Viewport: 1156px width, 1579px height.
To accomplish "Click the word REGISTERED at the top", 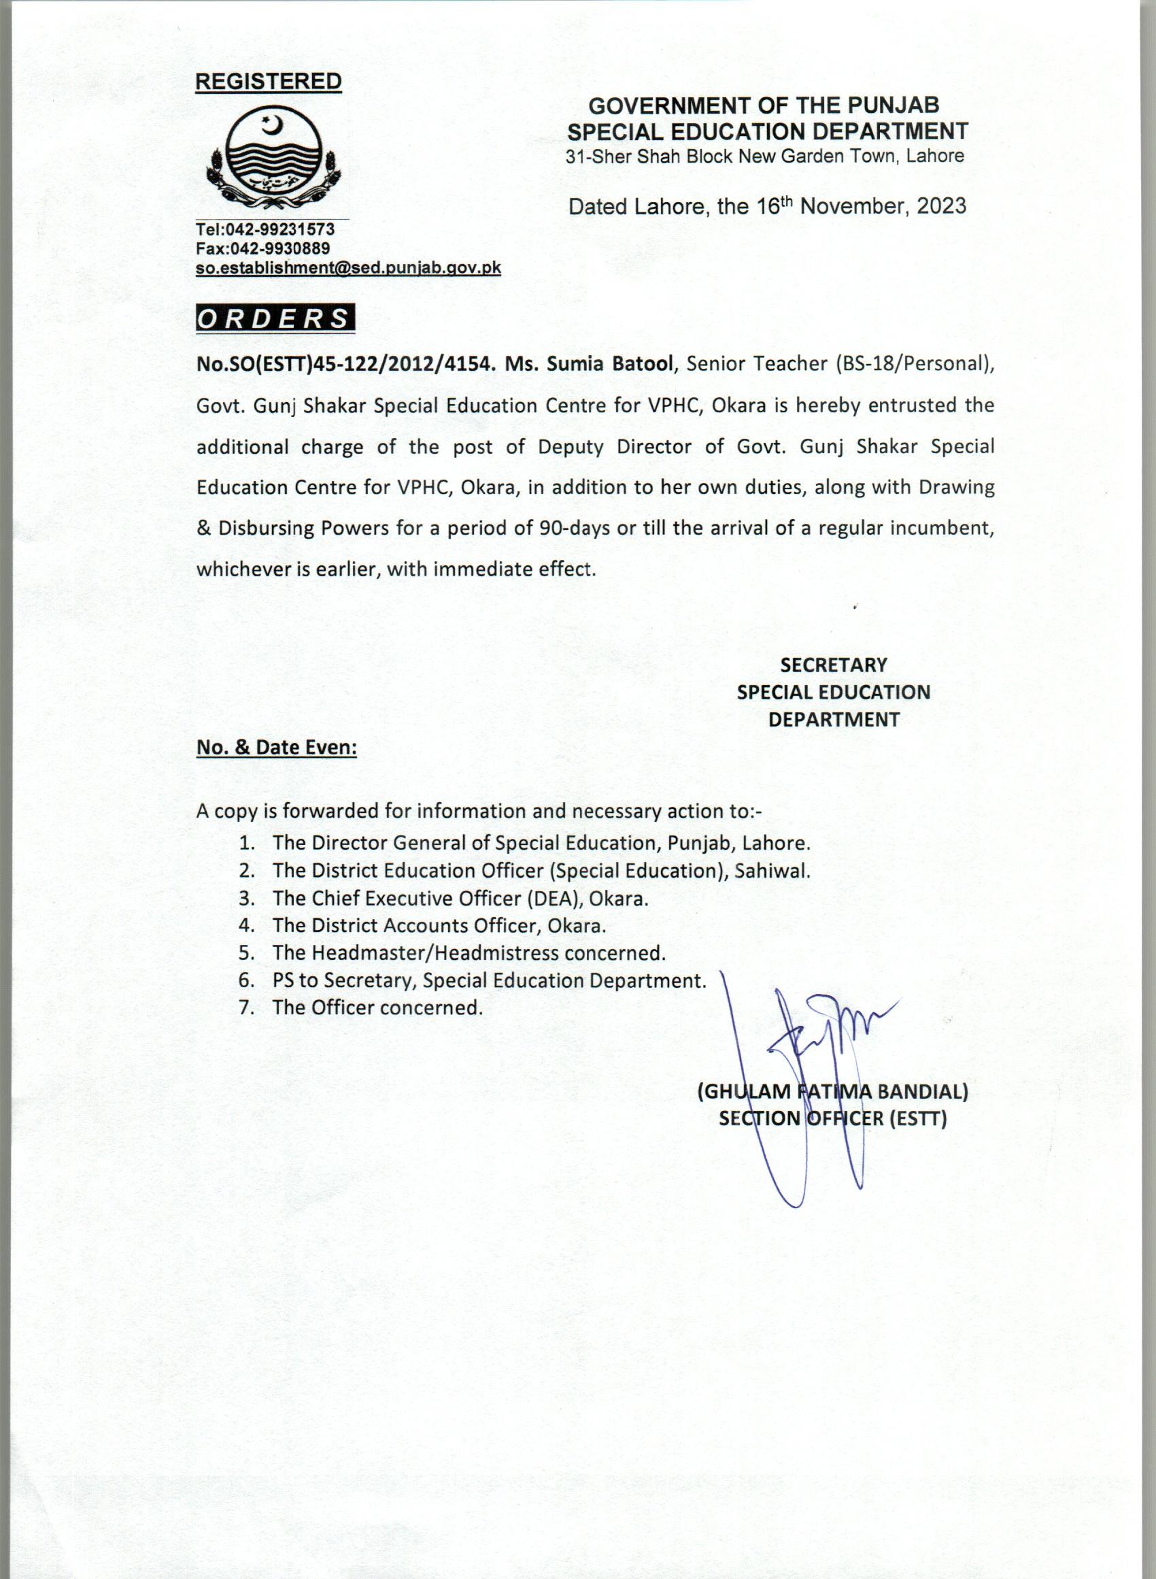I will click(268, 81).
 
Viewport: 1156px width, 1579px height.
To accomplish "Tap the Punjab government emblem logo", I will click(271, 161).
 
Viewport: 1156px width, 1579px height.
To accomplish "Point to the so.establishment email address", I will click(348, 268).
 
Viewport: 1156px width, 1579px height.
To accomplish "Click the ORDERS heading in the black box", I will click(274, 318).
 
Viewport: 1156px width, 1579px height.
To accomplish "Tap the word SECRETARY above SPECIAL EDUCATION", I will click(834, 664).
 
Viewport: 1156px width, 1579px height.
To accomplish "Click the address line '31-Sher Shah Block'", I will click(648, 156).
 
